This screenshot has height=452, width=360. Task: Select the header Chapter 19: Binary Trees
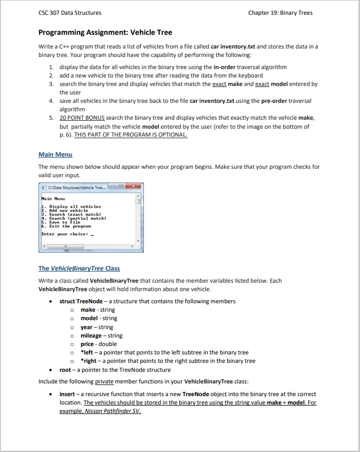tap(280, 13)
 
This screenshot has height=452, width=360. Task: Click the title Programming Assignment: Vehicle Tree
tap(105, 33)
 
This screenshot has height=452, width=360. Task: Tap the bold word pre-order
tap(273, 101)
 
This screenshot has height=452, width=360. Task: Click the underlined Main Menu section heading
tap(55, 155)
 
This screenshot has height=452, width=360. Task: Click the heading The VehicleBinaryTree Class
tap(79, 268)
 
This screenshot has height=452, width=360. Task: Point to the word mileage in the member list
tap(91, 335)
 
